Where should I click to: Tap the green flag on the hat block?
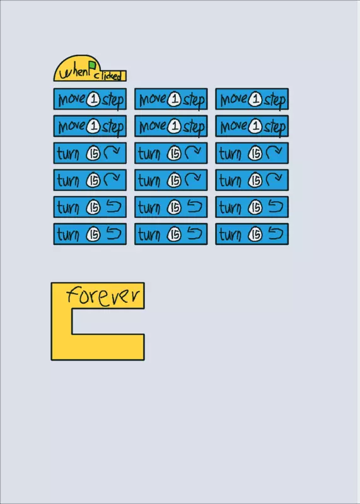pos(92,66)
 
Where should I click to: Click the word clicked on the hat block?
pos(108,76)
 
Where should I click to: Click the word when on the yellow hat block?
pos(73,72)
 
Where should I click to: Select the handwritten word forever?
pos(103,295)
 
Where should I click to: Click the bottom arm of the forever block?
pos(98,347)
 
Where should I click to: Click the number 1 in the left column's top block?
pos(94,100)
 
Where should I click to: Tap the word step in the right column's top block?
pos(274,100)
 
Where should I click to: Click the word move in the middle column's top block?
pos(153,100)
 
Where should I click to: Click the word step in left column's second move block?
pos(113,127)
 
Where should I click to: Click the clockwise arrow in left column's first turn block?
pos(112,152)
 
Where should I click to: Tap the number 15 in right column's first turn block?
pos(255,154)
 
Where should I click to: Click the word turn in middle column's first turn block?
pos(149,154)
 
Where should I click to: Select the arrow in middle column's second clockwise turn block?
pos(193,179)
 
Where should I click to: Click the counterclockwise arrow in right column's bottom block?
pos(276,234)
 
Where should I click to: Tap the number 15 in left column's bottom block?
pos(93,235)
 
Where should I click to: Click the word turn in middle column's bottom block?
pos(149,235)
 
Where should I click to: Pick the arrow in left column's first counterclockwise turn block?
pos(113,207)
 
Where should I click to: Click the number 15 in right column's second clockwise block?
pos(255,181)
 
